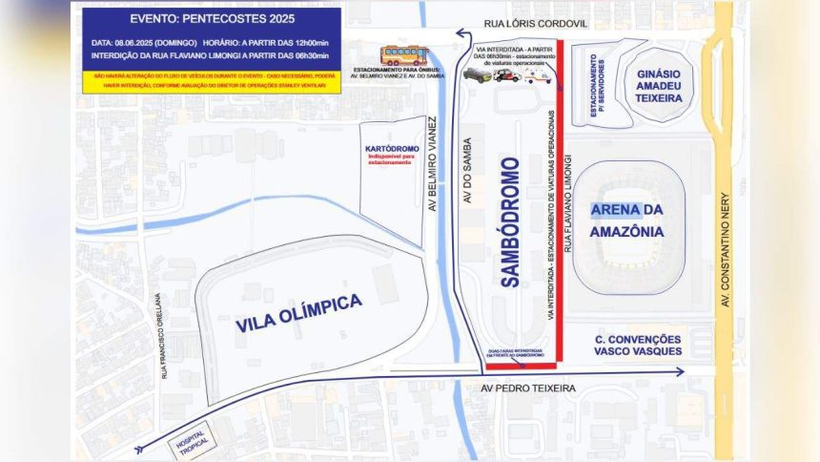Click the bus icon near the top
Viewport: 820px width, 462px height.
[404, 54]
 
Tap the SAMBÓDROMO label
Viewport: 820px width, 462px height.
[509, 221]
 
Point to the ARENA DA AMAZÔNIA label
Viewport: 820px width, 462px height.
[625, 220]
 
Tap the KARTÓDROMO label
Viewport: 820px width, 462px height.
[388, 150]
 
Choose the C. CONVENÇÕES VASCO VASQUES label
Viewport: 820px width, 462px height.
[638, 345]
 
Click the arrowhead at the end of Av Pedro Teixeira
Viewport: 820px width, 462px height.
[681, 371]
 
